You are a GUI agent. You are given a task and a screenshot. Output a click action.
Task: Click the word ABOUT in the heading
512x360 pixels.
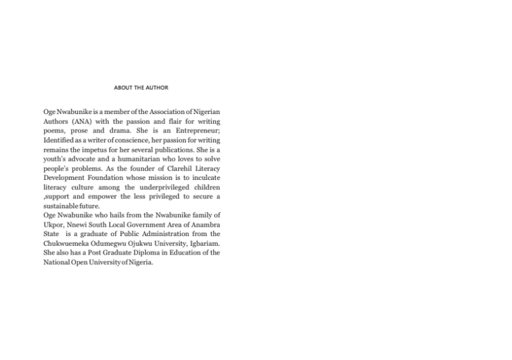[123, 88]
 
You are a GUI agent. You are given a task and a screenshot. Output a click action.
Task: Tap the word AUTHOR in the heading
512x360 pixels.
[156, 88]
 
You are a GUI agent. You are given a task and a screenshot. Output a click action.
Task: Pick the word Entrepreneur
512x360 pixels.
[195, 131]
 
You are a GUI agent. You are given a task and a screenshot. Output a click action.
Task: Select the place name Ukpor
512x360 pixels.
[54, 225]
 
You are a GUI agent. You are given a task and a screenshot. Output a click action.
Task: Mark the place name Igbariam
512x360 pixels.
[203, 243]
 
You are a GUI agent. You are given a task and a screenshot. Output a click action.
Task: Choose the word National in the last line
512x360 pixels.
[57, 262]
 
